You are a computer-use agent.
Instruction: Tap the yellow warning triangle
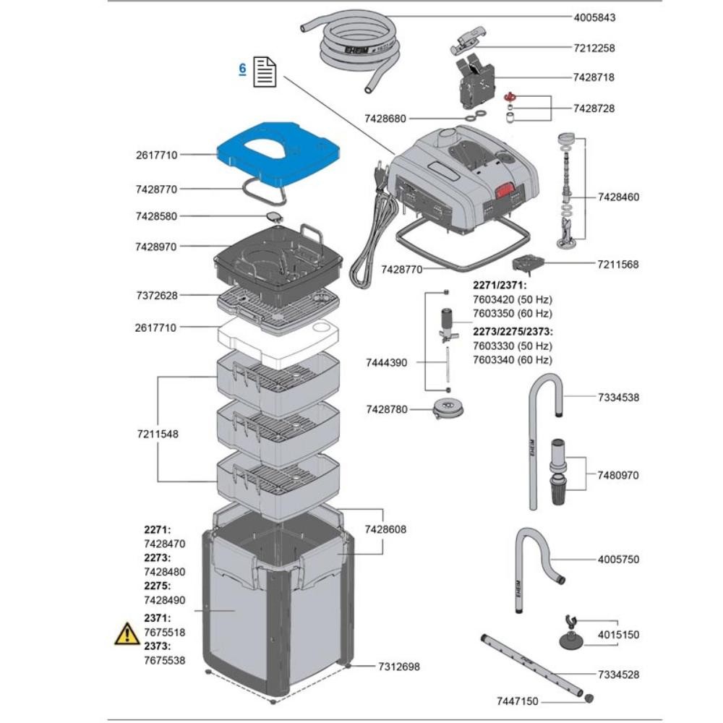pyautogui.click(x=127, y=634)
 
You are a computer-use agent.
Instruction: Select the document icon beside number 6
pyautogui.click(x=265, y=73)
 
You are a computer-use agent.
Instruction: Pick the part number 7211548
pyautogui.click(x=157, y=435)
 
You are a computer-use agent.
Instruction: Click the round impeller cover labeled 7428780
pyautogui.click(x=446, y=410)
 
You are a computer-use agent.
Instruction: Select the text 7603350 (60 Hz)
pyautogui.click(x=512, y=313)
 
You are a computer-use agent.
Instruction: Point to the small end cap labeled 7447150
pyautogui.click(x=588, y=698)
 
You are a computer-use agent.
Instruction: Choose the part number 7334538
pyautogui.click(x=618, y=398)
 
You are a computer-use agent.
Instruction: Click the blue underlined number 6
pyautogui.click(x=243, y=68)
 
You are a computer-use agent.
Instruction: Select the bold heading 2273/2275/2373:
pyautogui.click(x=513, y=332)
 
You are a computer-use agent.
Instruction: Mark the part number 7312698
pyautogui.click(x=398, y=667)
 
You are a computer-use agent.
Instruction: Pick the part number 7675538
pyautogui.click(x=164, y=660)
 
